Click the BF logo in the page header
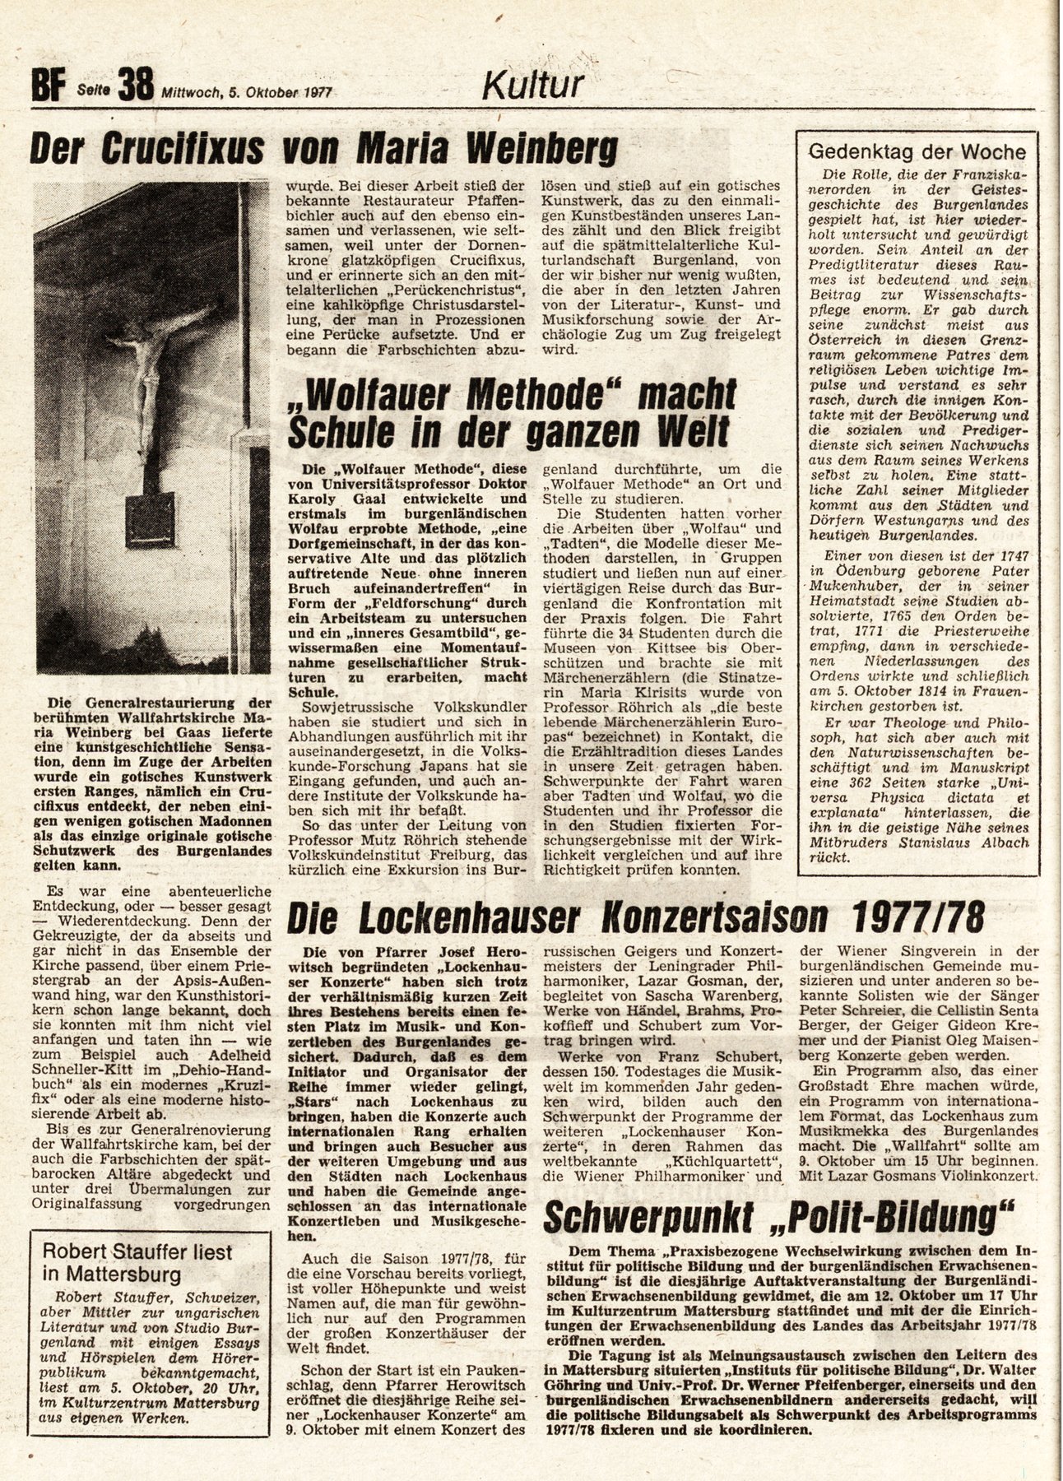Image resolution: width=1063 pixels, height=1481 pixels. [x=47, y=86]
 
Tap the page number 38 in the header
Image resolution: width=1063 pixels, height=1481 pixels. [x=135, y=86]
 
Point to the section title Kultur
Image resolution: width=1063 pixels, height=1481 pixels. [x=533, y=84]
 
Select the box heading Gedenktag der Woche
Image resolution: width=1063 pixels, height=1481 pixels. [x=917, y=151]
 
